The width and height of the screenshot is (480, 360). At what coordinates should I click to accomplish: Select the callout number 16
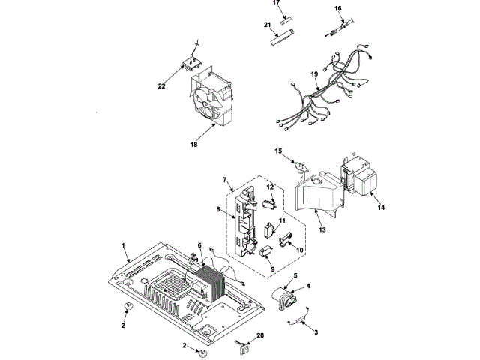338,10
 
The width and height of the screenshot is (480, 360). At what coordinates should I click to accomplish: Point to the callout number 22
161,86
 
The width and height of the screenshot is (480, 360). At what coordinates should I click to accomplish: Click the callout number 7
224,181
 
